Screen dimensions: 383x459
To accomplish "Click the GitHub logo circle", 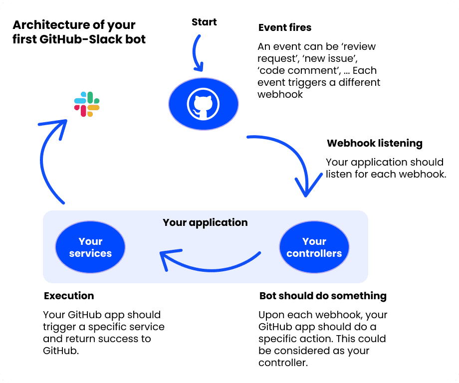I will point(204,105).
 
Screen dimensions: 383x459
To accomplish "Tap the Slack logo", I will point(87,104).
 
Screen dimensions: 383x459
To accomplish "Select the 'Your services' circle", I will point(90,247).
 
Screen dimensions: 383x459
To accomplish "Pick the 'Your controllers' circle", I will point(314,247).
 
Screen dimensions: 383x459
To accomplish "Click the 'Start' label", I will point(204,22).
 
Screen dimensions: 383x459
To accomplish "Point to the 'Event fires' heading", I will point(285,27).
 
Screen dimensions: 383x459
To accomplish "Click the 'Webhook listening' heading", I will point(375,144).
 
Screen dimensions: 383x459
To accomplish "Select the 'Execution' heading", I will point(69,296).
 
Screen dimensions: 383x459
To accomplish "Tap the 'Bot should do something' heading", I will point(323,296).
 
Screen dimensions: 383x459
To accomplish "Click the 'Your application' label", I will point(205,222).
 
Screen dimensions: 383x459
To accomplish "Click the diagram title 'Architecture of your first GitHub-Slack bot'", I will point(79,32).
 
